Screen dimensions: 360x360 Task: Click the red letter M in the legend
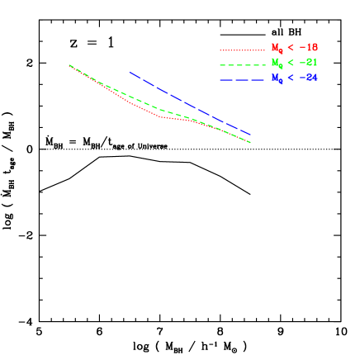[x=276, y=48]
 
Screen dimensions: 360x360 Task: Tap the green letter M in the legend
[x=276, y=63]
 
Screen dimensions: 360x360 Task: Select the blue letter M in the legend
[x=276, y=78]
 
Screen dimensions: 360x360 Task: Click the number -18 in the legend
[x=309, y=48]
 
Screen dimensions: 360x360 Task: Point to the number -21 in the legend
[x=309, y=63]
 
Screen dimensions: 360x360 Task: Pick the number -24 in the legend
[x=309, y=78]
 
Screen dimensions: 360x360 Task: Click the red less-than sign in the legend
[x=291, y=48]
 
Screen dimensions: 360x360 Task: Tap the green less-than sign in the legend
[x=291, y=63]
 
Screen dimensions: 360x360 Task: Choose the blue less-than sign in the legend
[x=291, y=78]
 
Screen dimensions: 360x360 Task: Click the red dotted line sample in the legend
[x=242, y=50]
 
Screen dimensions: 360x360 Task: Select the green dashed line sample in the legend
[x=242, y=64]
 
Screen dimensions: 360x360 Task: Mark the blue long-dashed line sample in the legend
[x=242, y=79]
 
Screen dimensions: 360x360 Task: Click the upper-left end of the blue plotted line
[x=130, y=72]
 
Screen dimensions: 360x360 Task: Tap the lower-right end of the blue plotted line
[x=250, y=135]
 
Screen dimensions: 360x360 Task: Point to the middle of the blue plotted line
[x=190, y=103]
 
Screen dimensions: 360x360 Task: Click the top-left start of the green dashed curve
[x=69, y=64]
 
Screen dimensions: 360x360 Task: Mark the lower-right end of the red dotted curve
[x=250, y=143]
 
